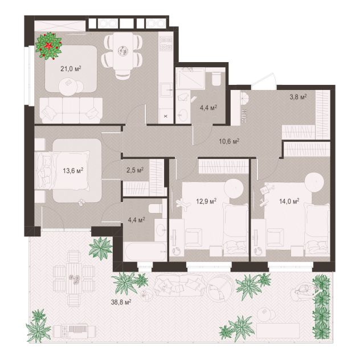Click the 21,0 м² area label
point(71,69)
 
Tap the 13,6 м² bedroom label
point(73,170)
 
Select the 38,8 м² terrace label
point(121,302)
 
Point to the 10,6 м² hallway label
point(230,141)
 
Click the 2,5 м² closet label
point(135,170)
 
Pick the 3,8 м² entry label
point(298,97)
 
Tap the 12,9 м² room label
point(206,201)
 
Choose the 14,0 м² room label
point(289,201)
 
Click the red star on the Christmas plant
point(48,46)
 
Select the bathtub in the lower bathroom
point(145,252)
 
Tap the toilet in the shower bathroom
point(216,79)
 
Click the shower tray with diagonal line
point(190,78)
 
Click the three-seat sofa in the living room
point(71,111)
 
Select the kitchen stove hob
point(166,44)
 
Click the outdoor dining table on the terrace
point(74,279)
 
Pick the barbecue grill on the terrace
point(74,332)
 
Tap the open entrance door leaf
point(264,80)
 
